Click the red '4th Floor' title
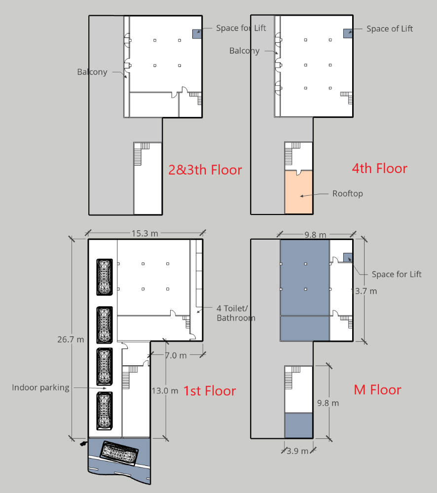coord(379,169)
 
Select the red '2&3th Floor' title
coord(205,170)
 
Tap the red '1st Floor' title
coord(210,391)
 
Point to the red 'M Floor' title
coord(377,390)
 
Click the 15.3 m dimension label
coord(145,233)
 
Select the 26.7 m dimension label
coord(71,340)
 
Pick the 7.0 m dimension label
coord(176,355)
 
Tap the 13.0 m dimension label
coord(165,391)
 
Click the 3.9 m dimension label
coord(297,451)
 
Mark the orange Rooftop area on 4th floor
coord(298,192)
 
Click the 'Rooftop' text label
coord(348,194)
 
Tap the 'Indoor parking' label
coord(40,387)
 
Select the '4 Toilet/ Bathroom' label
coord(236,313)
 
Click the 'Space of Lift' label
coord(390,29)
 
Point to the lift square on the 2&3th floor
coord(197,34)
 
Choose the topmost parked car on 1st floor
coord(105,277)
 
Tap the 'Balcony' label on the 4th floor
coord(245,51)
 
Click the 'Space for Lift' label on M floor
coord(397,275)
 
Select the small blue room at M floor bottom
coord(298,425)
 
